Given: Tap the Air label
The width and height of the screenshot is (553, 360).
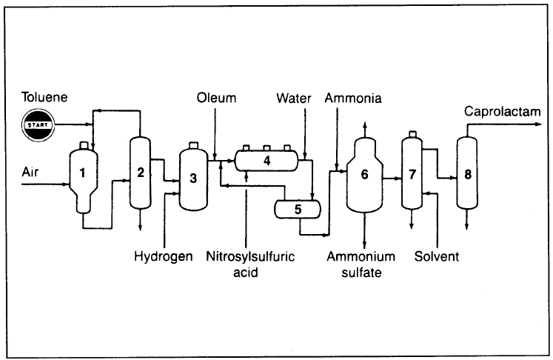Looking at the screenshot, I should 31,172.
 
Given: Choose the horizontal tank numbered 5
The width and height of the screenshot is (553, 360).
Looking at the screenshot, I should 297,209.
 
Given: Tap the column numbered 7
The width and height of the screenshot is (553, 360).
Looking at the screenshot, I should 412,175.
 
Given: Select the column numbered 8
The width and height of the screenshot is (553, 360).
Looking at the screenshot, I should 466,176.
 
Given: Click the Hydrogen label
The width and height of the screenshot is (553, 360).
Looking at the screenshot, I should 163,257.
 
